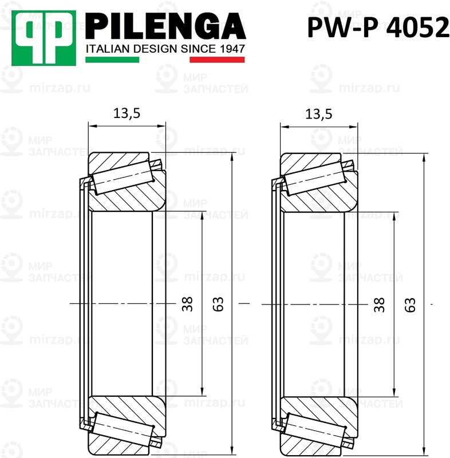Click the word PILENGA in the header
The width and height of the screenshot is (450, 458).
point(166,25)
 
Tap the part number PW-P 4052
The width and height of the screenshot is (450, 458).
point(378,27)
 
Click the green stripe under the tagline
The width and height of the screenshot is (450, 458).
point(112,60)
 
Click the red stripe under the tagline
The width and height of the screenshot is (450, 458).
point(217,60)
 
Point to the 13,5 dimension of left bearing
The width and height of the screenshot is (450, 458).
point(127,113)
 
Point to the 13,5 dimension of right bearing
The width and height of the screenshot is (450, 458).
point(319,113)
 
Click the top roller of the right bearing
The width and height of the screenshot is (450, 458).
point(315,175)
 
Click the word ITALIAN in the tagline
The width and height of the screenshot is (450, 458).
point(104,49)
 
